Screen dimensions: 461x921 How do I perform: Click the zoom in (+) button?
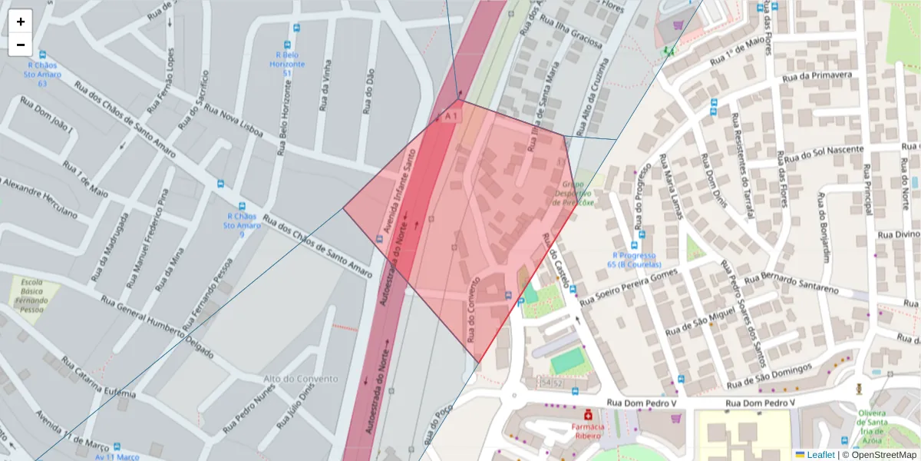point(21,22)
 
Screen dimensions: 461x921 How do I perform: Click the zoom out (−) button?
point(21,45)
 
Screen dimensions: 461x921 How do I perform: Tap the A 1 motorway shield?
point(451,116)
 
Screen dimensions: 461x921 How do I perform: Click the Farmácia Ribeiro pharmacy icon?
point(588,414)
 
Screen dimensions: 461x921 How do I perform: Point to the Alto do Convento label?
point(300,379)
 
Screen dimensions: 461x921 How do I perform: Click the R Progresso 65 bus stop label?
point(634,260)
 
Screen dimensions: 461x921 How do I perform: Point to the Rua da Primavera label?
point(817,76)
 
